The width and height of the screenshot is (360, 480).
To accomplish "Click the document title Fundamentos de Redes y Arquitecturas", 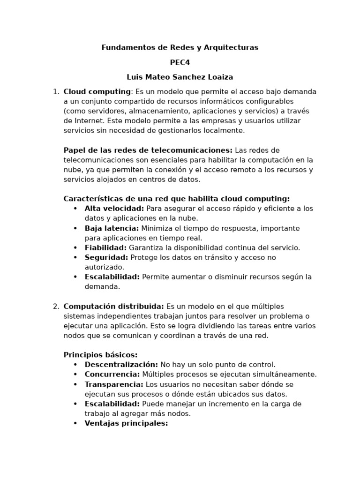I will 180,47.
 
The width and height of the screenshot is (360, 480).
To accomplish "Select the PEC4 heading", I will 180,62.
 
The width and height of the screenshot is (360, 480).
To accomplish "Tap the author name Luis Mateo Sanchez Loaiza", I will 180,77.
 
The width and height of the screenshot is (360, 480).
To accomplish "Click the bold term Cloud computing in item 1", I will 97,91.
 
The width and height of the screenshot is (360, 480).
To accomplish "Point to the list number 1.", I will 56,91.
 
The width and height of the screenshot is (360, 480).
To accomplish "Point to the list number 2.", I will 56,307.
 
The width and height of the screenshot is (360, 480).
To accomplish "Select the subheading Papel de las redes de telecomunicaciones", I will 148,150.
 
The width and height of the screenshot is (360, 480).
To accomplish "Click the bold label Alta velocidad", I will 114,209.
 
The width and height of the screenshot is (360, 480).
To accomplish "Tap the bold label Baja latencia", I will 112,228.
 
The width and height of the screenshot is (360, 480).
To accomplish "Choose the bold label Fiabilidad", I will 105,247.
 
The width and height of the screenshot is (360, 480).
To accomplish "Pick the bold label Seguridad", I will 106,257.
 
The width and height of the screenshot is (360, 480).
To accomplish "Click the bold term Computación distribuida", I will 113,307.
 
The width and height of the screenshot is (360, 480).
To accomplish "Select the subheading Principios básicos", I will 100,355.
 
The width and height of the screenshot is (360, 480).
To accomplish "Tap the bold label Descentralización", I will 121,365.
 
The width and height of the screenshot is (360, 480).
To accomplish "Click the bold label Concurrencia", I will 112,375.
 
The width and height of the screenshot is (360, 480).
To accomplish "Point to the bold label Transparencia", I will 114,384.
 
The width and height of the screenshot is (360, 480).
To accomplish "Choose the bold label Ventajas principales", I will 126,423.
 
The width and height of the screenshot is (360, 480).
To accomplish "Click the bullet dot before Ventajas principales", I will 75,423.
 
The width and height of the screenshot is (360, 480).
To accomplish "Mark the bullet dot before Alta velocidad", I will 75,209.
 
